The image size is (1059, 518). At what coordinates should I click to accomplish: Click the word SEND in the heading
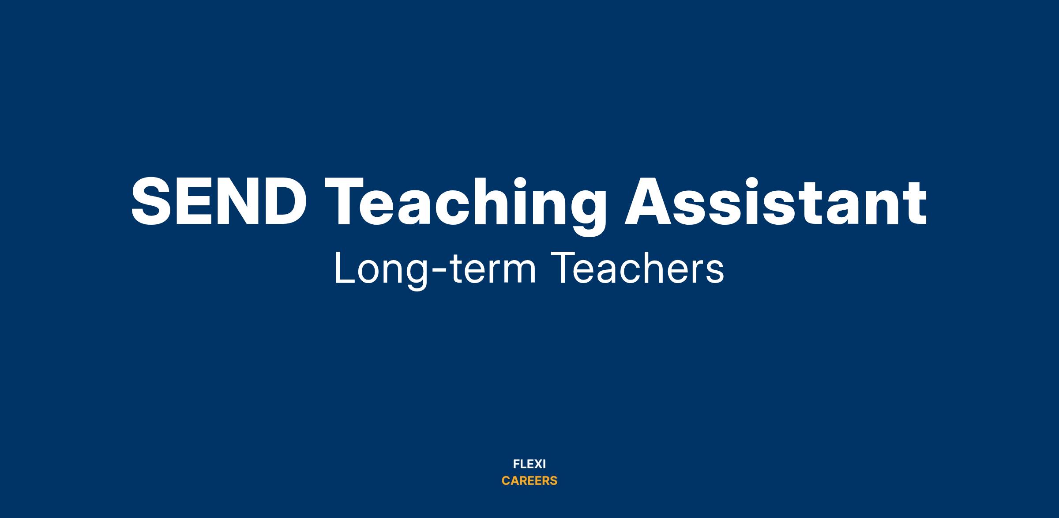point(219,201)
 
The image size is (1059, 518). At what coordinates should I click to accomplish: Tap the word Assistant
point(776,201)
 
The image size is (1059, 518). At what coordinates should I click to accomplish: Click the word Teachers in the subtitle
point(638,268)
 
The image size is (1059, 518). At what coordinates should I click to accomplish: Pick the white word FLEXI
point(529,464)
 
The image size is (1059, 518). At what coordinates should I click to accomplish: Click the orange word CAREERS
point(529,481)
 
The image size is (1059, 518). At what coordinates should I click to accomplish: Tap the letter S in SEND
point(151,201)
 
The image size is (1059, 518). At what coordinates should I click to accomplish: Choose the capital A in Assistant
point(650,201)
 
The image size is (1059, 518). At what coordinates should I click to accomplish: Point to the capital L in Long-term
point(345,268)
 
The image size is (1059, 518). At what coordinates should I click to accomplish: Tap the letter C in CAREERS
point(506,481)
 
